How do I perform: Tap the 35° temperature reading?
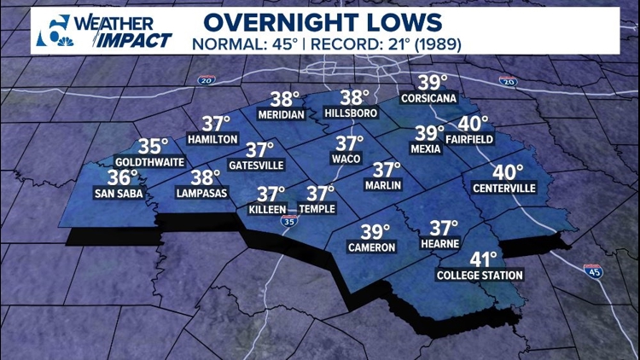(154, 146)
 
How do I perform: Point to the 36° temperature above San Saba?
(123, 177)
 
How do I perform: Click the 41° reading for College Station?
(480, 259)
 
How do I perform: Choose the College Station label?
(480, 276)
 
